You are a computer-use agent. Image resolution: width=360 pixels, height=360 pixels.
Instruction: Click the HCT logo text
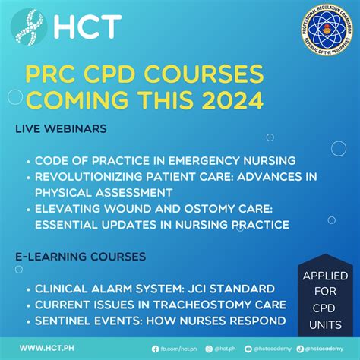coord(87,27)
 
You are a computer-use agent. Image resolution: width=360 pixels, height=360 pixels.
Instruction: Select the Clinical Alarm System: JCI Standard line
coord(138,288)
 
